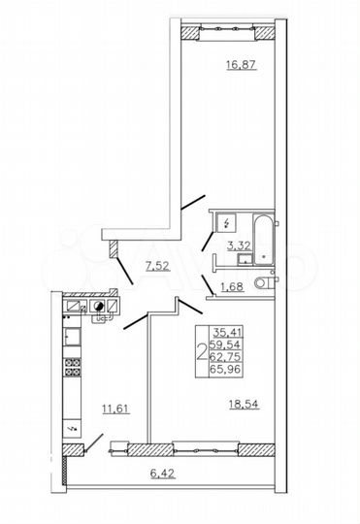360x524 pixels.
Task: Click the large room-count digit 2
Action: tap(201, 351)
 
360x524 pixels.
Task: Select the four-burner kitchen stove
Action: tap(71, 369)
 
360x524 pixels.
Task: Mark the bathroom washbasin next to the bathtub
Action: tap(245, 257)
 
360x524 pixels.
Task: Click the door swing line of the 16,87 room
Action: tap(194, 205)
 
